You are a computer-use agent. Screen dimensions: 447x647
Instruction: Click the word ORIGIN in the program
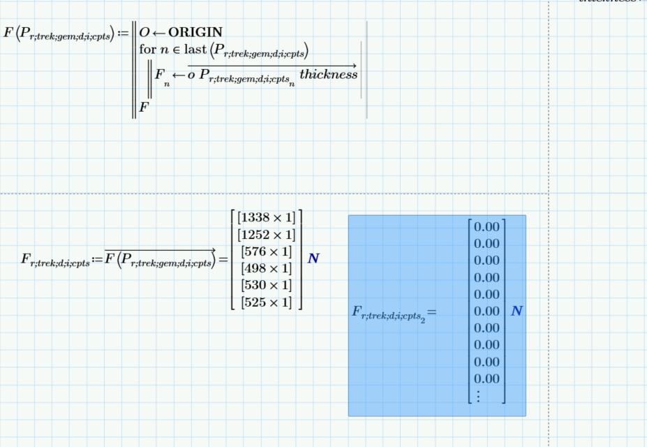[195, 32]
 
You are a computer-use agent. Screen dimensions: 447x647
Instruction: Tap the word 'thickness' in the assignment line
[328, 74]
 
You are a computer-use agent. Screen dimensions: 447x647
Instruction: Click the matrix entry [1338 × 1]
[267, 217]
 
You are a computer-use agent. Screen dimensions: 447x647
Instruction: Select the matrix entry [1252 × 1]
[267, 234]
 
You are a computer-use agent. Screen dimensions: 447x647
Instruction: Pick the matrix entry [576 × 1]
[267, 251]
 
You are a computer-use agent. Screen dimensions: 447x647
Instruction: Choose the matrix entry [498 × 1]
[267, 268]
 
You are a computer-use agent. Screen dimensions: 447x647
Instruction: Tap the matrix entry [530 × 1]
[267, 285]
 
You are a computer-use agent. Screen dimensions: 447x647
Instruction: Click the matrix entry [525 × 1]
[267, 302]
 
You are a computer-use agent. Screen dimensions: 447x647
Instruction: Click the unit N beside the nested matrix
[313, 259]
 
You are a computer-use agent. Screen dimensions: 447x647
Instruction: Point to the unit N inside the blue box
[516, 312]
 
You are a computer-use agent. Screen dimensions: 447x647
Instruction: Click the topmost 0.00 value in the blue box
[486, 227]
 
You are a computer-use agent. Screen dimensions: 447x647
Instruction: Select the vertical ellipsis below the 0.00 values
[478, 395]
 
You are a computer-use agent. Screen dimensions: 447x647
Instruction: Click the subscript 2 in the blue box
[424, 320]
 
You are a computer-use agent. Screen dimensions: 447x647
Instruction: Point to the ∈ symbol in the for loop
[179, 50]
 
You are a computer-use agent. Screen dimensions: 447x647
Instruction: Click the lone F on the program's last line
[144, 108]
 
